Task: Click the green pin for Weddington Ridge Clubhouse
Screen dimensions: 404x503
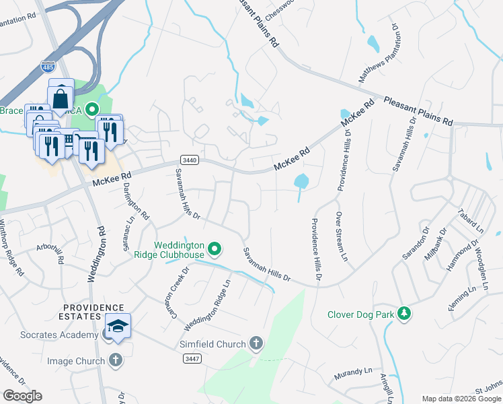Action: [215, 250]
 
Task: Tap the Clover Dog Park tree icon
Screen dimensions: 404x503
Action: [403, 314]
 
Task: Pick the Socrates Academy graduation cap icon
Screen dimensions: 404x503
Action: [118, 327]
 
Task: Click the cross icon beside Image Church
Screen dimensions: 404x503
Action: [115, 361]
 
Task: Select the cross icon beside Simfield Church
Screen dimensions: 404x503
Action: [256, 344]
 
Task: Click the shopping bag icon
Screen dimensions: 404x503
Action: [61, 96]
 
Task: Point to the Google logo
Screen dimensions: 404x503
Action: [22, 395]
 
